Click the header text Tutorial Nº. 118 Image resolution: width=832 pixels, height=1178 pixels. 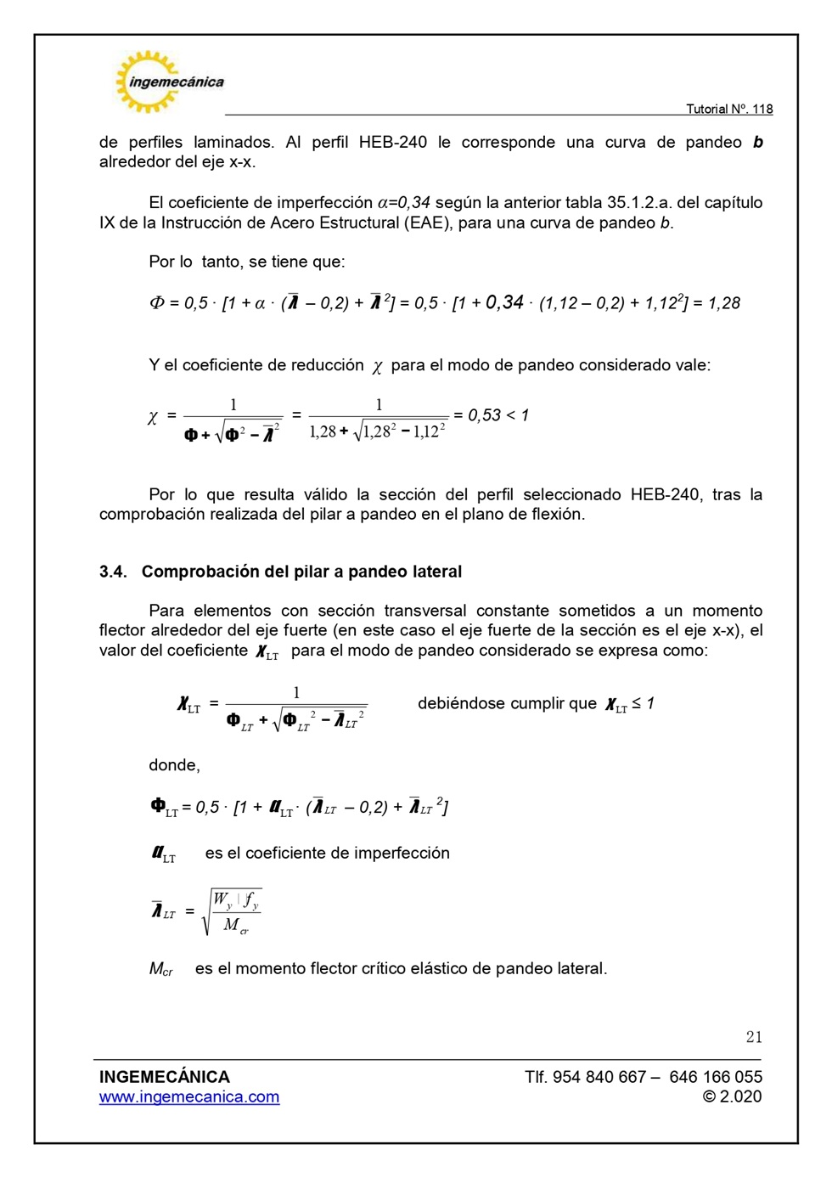point(728,109)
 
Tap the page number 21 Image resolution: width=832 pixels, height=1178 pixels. point(753,1037)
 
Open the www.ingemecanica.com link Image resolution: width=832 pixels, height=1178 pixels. point(188,1096)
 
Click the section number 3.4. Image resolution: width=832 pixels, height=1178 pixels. point(112,572)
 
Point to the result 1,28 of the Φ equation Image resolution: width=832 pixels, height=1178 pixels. point(723,303)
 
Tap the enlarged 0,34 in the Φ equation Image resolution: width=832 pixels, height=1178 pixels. point(504,302)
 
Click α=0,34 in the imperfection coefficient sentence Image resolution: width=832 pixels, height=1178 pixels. point(403,203)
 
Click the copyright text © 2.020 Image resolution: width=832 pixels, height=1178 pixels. point(732,1096)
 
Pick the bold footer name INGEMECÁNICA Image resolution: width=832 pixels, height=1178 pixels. point(164,1077)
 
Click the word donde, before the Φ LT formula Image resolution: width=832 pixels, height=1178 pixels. point(174,765)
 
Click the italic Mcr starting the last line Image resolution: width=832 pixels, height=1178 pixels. point(160,969)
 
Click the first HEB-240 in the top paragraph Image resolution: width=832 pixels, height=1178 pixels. point(392,143)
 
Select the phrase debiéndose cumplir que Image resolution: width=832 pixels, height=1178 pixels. point(507,703)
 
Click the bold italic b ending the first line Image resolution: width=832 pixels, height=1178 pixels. point(757,143)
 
